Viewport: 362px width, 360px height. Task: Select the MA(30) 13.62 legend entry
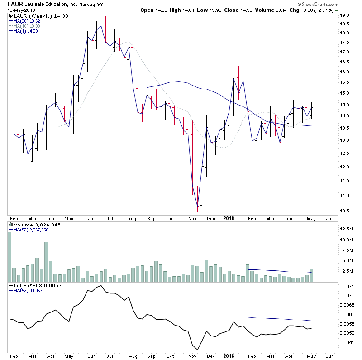[26, 21]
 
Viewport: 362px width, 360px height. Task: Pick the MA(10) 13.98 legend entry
[27, 26]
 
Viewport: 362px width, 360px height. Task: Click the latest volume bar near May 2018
[311, 275]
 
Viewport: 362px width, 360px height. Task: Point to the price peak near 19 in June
[105, 17]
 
